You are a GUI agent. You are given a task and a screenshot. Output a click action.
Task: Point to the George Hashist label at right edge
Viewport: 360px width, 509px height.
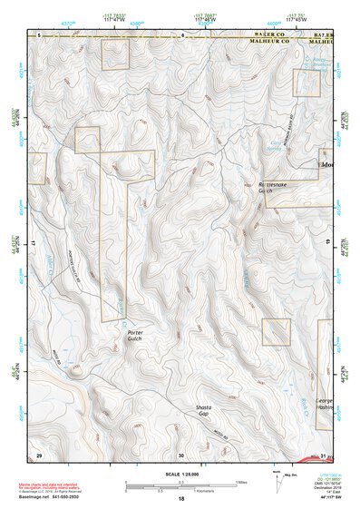pos(325,404)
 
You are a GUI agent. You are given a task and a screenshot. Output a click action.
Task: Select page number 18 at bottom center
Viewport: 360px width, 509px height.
pos(181,499)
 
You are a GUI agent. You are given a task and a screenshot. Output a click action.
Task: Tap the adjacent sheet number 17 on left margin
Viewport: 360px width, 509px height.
pos(32,244)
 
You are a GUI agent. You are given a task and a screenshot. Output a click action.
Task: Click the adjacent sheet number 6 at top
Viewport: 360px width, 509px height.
pos(181,35)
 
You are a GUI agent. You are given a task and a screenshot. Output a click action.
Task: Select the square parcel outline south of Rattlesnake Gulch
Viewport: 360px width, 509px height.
pos(276,332)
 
